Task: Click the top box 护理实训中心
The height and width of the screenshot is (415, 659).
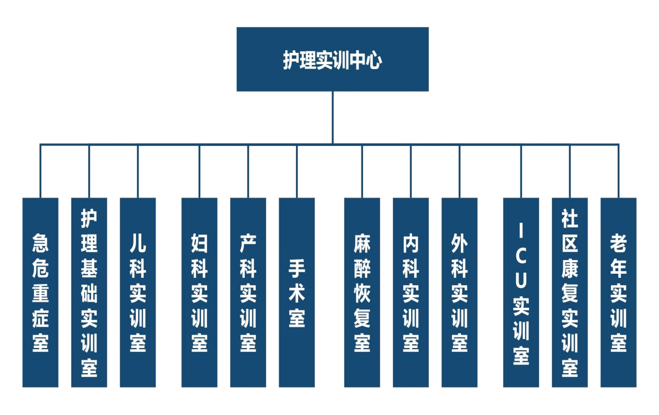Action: (x=333, y=60)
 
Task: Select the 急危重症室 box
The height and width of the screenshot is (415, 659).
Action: (x=40, y=293)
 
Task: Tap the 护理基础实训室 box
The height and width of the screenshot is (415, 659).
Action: (x=89, y=293)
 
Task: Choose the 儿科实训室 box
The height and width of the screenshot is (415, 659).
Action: (x=138, y=293)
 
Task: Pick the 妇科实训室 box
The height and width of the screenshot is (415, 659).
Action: (x=199, y=293)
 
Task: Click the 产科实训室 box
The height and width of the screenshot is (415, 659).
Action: (x=248, y=293)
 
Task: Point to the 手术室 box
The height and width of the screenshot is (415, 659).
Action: (x=297, y=293)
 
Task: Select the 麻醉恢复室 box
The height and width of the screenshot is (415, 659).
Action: (x=362, y=293)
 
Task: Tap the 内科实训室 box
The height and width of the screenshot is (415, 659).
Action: (x=411, y=293)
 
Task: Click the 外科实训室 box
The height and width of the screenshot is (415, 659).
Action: (x=460, y=293)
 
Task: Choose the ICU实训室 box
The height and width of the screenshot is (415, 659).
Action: (x=521, y=293)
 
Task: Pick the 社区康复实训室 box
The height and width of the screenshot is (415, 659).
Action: (x=570, y=293)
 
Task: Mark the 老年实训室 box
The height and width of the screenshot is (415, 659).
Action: (x=619, y=293)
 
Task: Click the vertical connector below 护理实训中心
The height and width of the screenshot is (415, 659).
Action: (x=333, y=117)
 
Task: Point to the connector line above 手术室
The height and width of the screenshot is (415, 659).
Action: (x=297, y=171)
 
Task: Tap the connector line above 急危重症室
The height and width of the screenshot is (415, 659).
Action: (x=40, y=171)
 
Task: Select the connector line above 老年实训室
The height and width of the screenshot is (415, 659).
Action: (x=619, y=171)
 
